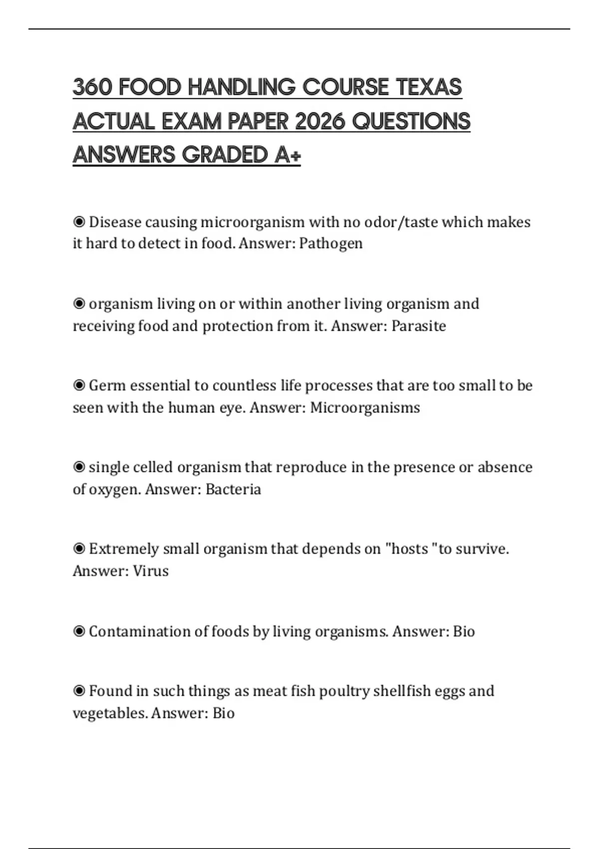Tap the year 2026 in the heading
click(319, 121)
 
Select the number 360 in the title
click(92, 87)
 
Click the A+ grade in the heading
click(288, 155)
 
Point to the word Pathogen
click(330, 244)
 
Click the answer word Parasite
click(418, 326)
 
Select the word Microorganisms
click(365, 408)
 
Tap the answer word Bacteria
click(233, 489)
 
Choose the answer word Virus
click(151, 571)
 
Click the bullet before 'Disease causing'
click(79, 222)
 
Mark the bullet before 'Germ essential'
click(79, 386)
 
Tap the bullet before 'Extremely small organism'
click(79, 549)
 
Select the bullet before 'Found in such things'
click(79, 691)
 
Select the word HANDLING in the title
click(242, 87)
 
